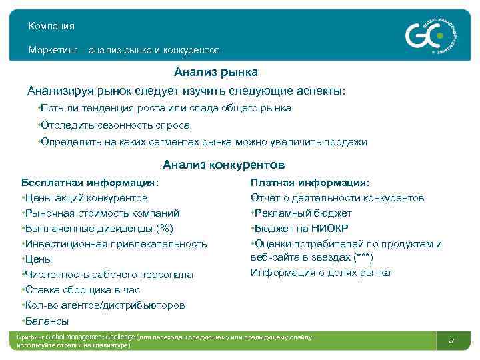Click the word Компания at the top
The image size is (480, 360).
click(x=51, y=26)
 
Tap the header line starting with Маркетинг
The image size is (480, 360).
click(x=124, y=50)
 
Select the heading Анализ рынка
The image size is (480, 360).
click(x=216, y=71)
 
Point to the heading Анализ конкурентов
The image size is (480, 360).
click(x=223, y=164)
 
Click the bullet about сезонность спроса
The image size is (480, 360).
click(x=115, y=125)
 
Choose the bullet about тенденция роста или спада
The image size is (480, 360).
click(x=165, y=108)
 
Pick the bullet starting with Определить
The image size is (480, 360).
click(x=203, y=142)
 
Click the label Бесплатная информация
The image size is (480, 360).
click(x=91, y=182)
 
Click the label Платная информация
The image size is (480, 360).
click(x=310, y=182)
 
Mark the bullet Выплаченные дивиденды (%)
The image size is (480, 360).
click(x=98, y=229)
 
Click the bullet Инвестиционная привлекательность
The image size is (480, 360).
click(x=115, y=244)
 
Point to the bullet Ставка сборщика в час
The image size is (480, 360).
click(x=83, y=290)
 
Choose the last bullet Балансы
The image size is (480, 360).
click(x=46, y=321)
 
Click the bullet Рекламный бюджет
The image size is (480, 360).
click(x=301, y=213)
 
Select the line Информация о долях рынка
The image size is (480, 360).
click(x=321, y=272)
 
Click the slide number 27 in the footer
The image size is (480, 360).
click(x=451, y=341)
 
